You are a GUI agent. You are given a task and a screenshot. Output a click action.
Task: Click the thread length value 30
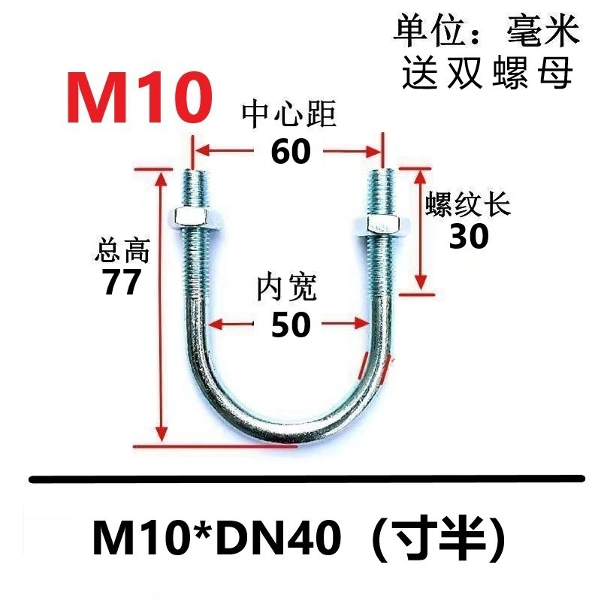pyautogui.click(x=469, y=237)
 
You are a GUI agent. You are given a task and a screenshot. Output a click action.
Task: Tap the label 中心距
pyautogui.click(x=288, y=116)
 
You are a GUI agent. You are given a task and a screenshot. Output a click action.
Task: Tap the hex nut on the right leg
pyautogui.click(x=382, y=224)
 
